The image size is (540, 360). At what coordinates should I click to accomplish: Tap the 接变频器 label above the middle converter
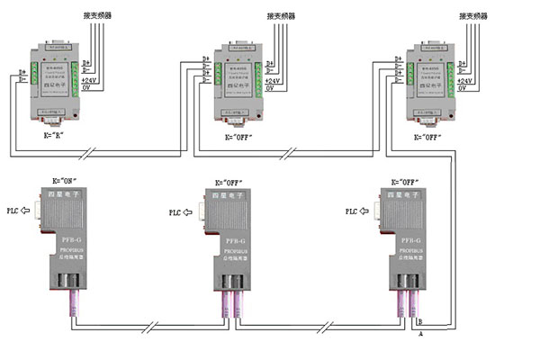pos(281,17)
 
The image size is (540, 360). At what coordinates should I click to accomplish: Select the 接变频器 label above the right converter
pos(472,17)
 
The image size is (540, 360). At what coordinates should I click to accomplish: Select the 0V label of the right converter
pos(463,88)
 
